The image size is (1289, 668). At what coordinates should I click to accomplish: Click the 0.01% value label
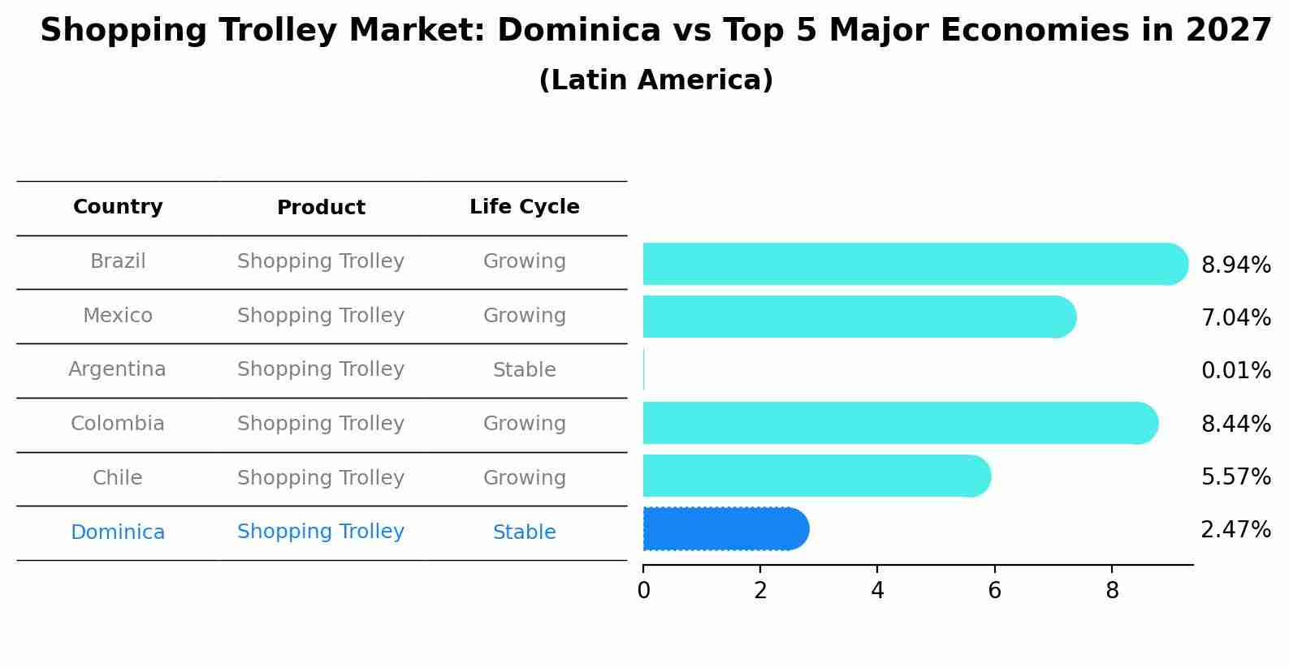[x=1235, y=371]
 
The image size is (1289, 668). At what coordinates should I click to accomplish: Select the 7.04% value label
[x=1235, y=318]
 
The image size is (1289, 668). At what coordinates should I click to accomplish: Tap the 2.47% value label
[x=1235, y=530]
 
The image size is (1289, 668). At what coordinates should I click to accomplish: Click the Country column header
[x=118, y=207]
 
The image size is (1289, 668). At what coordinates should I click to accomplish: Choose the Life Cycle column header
[x=524, y=207]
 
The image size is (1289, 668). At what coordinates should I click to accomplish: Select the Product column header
[x=321, y=208]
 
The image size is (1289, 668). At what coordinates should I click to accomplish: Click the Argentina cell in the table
[x=117, y=369]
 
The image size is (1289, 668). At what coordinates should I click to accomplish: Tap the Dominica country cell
[x=118, y=532]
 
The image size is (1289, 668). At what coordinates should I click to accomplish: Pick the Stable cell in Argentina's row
[x=524, y=370]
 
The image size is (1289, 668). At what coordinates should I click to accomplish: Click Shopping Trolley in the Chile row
[x=321, y=478]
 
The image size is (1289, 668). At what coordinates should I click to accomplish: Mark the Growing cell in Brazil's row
[x=524, y=261]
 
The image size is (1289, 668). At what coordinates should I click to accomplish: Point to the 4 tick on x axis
[x=877, y=590]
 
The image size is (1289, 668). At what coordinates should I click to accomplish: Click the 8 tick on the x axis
[x=1112, y=590]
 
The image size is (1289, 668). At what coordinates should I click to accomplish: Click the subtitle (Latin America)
[x=655, y=80]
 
